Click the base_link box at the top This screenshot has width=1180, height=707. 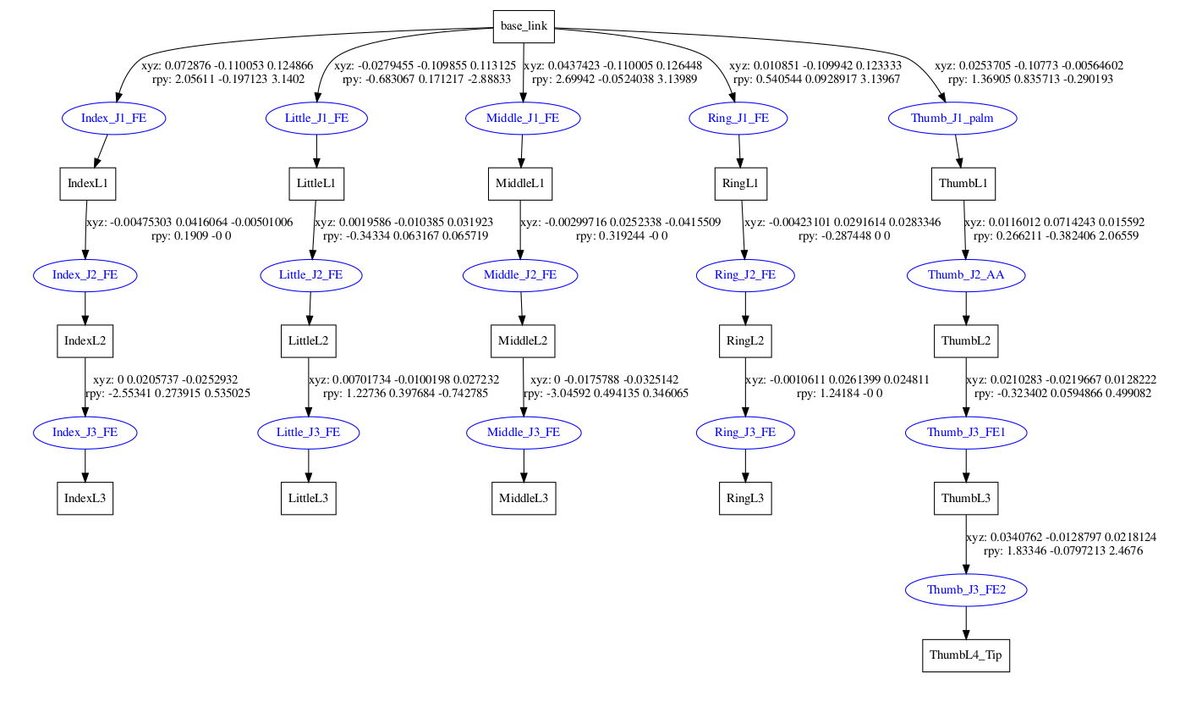[524, 26]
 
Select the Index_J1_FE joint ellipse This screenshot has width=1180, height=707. [113, 119]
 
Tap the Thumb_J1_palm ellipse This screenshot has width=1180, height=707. [952, 119]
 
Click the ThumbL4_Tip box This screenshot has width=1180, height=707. [965, 655]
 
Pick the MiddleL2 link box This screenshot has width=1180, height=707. [523, 341]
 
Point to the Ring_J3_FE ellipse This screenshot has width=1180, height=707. [744, 433]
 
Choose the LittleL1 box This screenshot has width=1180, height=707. [316, 183]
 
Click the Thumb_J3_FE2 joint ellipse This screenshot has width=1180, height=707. [966, 589]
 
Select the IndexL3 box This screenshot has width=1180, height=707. [85, 499]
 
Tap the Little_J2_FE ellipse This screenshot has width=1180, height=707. [310, 275]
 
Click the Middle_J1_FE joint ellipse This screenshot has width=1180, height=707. [522, 119]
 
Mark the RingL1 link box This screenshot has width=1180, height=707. [741, 183]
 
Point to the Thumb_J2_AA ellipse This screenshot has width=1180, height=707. [965, 275]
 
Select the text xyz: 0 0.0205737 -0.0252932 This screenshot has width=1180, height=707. [165, 380]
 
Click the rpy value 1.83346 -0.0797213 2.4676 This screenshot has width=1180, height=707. [1070, 550]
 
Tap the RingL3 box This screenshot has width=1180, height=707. [744, 499]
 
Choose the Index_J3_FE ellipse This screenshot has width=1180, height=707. [84, 433]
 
